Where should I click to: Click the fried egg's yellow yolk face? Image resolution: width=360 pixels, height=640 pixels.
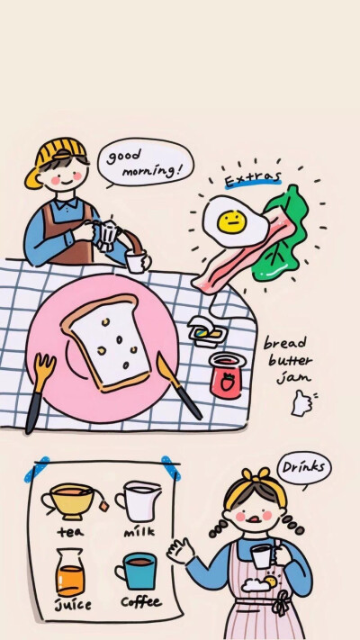click(x=232, y=222)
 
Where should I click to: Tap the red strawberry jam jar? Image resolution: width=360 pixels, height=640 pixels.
click(x=227, y=375)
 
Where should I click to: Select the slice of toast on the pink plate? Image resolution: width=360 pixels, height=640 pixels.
click(x=106, y=343)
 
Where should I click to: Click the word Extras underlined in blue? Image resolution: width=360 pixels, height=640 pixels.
click(x=253, y=179)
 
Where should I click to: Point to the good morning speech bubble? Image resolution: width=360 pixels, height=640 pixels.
click(x=145, y=162)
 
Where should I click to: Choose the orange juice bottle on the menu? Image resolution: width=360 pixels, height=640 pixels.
click(x=70, y=572)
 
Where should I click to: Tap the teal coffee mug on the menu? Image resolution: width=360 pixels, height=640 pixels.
click(x=136, y=571)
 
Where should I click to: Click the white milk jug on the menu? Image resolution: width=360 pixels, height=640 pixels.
click(x=139, y=500)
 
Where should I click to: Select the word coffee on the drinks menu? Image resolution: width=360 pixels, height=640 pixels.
click(x=140, y=601)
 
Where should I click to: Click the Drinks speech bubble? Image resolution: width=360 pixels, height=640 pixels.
click(x=304, y=468)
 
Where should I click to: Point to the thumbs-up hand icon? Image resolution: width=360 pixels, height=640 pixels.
click(x=302, y=403)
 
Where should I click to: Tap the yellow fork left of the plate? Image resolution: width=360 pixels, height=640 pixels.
click(x=40, y=392)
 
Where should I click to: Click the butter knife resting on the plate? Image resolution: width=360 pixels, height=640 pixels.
click(x=179, y=386)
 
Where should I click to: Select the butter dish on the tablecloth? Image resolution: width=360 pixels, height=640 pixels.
click(x=207, y=332)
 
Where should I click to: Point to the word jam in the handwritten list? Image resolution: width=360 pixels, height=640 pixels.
click(x=293, y=378)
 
